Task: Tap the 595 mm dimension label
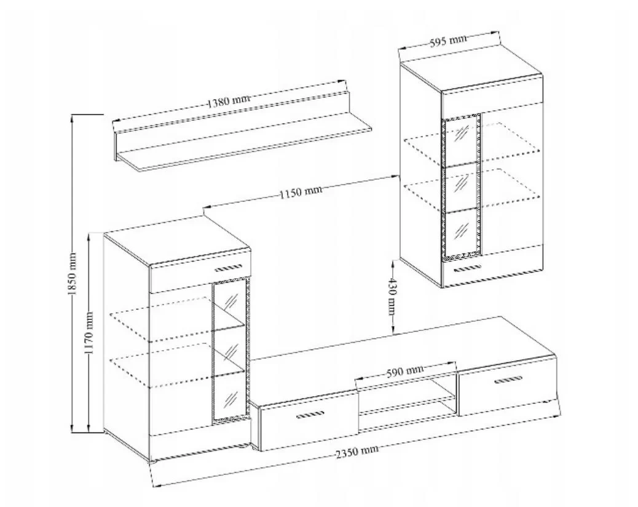click(448, 41)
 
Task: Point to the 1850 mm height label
click(73, 274)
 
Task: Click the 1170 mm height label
click(89, 333)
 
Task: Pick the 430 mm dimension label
click(392, 297)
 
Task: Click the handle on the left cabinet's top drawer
click(228, 268)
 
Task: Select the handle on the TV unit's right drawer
click(508, 380)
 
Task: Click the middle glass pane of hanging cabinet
click(462, 186)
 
